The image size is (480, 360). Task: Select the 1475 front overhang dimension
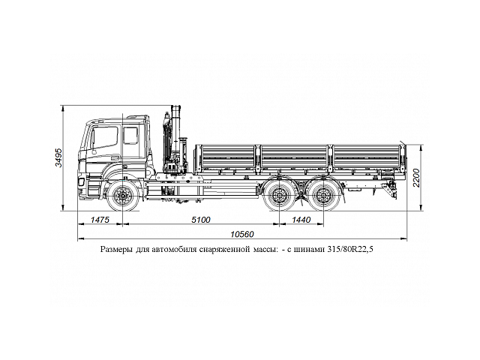(100, 220)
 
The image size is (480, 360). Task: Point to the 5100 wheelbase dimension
(200, 220)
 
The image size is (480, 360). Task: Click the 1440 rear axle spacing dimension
(300, 220)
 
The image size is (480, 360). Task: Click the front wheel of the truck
(121, 197)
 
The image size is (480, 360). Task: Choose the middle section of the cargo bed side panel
(293, 160)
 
